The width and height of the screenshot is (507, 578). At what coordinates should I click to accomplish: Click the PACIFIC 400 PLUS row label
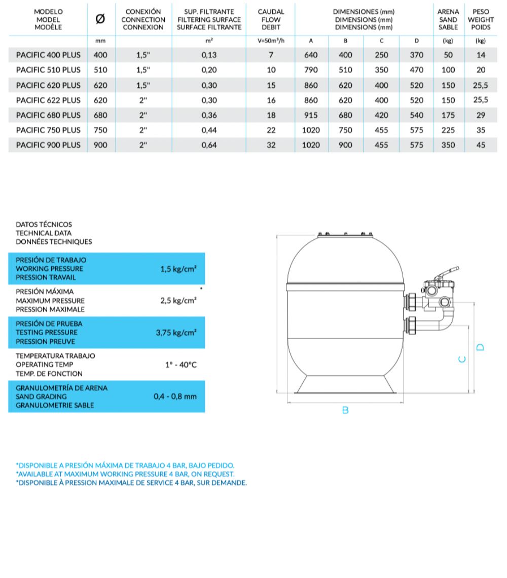(x=48, y=55)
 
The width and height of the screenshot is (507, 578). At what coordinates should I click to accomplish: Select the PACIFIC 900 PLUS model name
(x=48, y=145)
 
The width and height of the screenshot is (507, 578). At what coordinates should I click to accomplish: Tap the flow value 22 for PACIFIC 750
(x=271, y=130)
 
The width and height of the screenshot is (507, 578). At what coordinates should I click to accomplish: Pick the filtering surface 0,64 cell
(x=209, y=145)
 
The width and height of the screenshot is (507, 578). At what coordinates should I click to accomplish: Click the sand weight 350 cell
(x=448, y=145)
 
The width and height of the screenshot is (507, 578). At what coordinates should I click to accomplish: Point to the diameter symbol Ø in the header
(x=100, y=19)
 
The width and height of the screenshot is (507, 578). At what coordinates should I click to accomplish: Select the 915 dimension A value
(x=311, y=115)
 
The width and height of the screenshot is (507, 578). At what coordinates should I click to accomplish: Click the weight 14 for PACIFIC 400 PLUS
(x=481, y=55)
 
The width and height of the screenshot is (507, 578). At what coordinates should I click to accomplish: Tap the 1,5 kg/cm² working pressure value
(x=178, y=269)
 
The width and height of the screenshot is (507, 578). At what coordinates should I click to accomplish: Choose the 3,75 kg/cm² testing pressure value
(x=176, y=333)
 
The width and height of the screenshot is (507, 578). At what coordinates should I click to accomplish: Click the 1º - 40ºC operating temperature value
(x=181, y=365)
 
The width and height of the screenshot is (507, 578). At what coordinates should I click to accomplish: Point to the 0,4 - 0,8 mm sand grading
(x=175, y=396)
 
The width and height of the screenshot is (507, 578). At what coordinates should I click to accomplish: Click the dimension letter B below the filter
(x=345, y=410)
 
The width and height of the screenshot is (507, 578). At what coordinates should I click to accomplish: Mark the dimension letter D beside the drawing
(x=481, y=347)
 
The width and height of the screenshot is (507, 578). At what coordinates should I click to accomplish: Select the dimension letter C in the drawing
(x=461, y=359)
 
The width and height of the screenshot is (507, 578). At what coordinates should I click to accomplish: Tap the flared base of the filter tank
(x=345, y=385)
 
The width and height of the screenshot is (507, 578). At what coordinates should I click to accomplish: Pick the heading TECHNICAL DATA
(x=44, y=233)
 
